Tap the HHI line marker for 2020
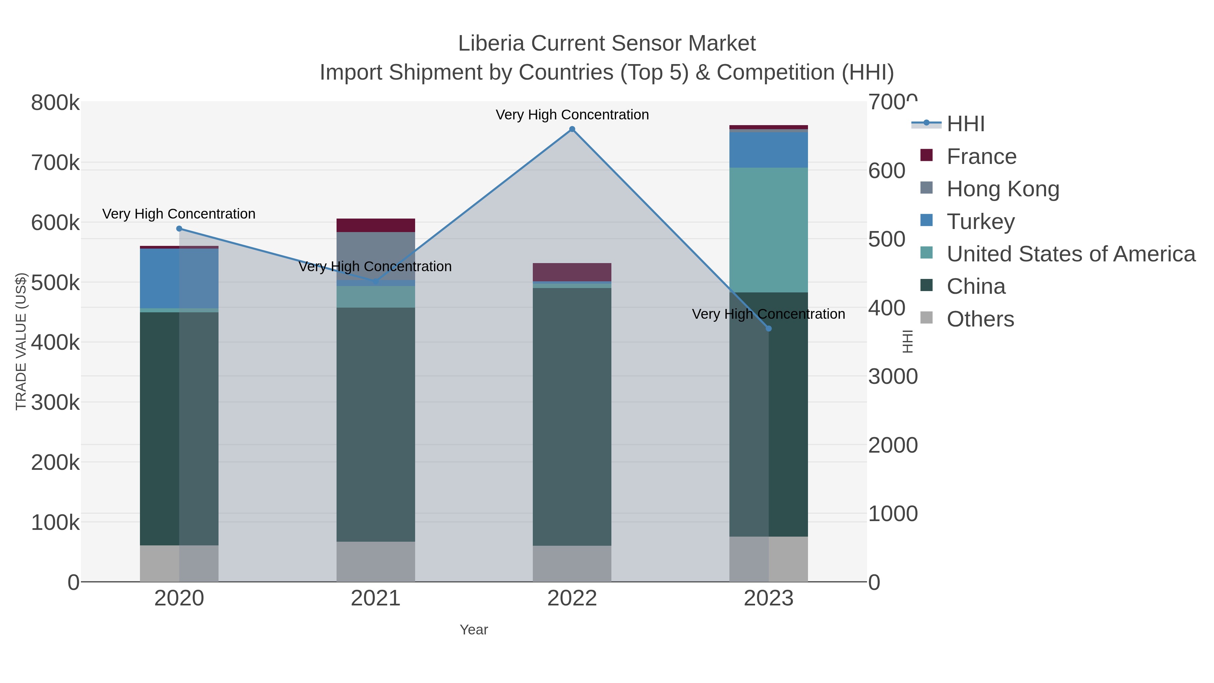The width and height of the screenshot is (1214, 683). [x=179, y=229]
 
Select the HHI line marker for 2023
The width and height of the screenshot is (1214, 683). [x=769, y=329]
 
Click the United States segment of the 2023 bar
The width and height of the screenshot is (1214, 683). [x=768, y=230]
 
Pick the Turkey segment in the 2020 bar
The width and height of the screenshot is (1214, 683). [x=179, y=278]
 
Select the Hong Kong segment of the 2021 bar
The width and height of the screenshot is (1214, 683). [x=376, y=256]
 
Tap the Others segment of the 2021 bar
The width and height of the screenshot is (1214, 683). [x=376, y=561]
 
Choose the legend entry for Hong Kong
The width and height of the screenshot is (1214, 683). [x=1003, y=189]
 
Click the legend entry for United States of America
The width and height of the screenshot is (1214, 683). [x=1070, y=254]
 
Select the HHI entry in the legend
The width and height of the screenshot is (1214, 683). [x=965, y=124]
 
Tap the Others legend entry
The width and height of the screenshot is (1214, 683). [x=980, y=319]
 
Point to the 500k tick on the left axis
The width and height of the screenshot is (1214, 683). [x=55, y=283]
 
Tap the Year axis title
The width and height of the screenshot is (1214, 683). [x=474, y=630]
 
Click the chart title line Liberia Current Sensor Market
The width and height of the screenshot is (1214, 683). [x=607, y=44]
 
